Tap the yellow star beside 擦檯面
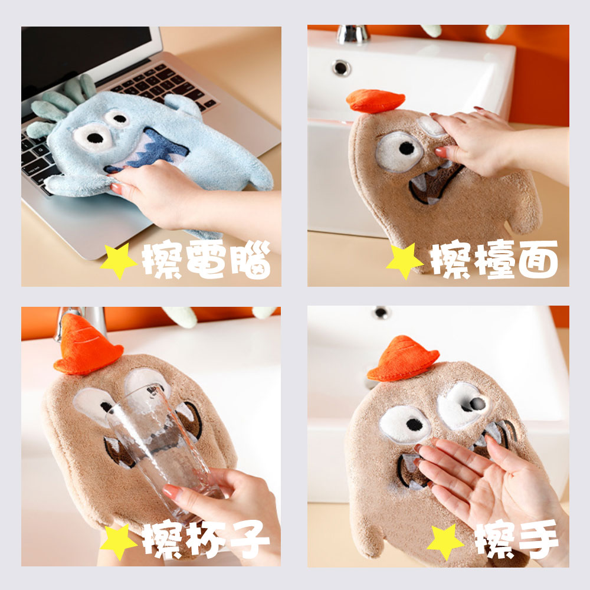405,261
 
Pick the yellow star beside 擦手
445,542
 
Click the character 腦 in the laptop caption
251,260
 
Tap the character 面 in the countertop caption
538,260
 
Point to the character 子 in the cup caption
250,540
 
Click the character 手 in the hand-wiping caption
538,540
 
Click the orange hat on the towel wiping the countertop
375,101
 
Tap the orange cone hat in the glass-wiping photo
87,347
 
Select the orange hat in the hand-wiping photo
402,359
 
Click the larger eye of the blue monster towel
93,137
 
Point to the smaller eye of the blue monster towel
117,119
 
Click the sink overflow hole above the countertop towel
341,68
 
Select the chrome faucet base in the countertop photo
352,34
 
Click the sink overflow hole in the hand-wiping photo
381,312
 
